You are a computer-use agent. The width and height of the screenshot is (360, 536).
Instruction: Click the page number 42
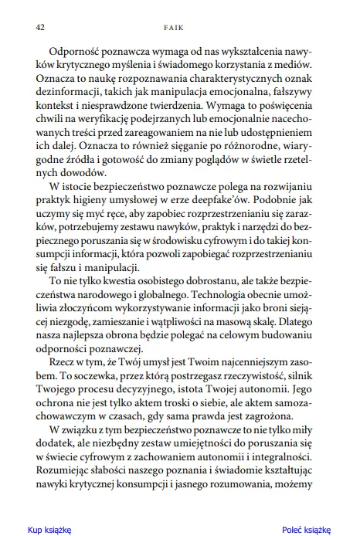coord(39,26)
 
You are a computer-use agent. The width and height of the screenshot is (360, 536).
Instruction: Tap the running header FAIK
coord(180,26)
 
